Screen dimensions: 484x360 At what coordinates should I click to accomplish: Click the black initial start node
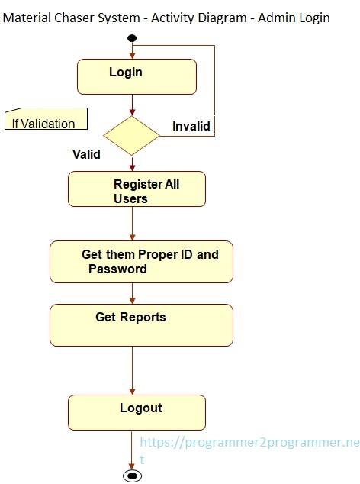tap(132, 38)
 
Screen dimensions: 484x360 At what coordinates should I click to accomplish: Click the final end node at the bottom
tap(132, 476)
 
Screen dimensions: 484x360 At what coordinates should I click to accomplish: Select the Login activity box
tap(137, 76)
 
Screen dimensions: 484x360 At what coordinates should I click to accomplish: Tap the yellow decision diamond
tap(132, 136)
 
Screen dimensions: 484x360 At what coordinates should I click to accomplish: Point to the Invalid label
tap(191, 126)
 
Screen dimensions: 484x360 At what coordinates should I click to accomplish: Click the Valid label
tap(86, 154)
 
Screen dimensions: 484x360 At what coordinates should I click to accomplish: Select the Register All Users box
tap(137, 189)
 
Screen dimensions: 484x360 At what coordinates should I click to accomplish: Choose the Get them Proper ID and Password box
tap(141, 262)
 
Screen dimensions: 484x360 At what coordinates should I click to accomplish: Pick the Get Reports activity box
tap(141, 324)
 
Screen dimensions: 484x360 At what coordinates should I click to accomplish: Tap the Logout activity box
tap(137, 412)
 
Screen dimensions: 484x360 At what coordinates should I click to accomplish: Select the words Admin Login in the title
tap(297, 17)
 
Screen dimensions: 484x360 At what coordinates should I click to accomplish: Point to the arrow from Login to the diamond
tap(132, 105)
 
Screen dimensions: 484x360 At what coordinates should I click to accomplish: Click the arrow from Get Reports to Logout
tap(132, 370)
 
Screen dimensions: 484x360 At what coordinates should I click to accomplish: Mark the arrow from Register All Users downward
tap(132, 224)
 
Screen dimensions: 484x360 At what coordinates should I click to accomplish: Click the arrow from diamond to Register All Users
tap(132, 163)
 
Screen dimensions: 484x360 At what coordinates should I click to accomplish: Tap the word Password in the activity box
tap(117, 269)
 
